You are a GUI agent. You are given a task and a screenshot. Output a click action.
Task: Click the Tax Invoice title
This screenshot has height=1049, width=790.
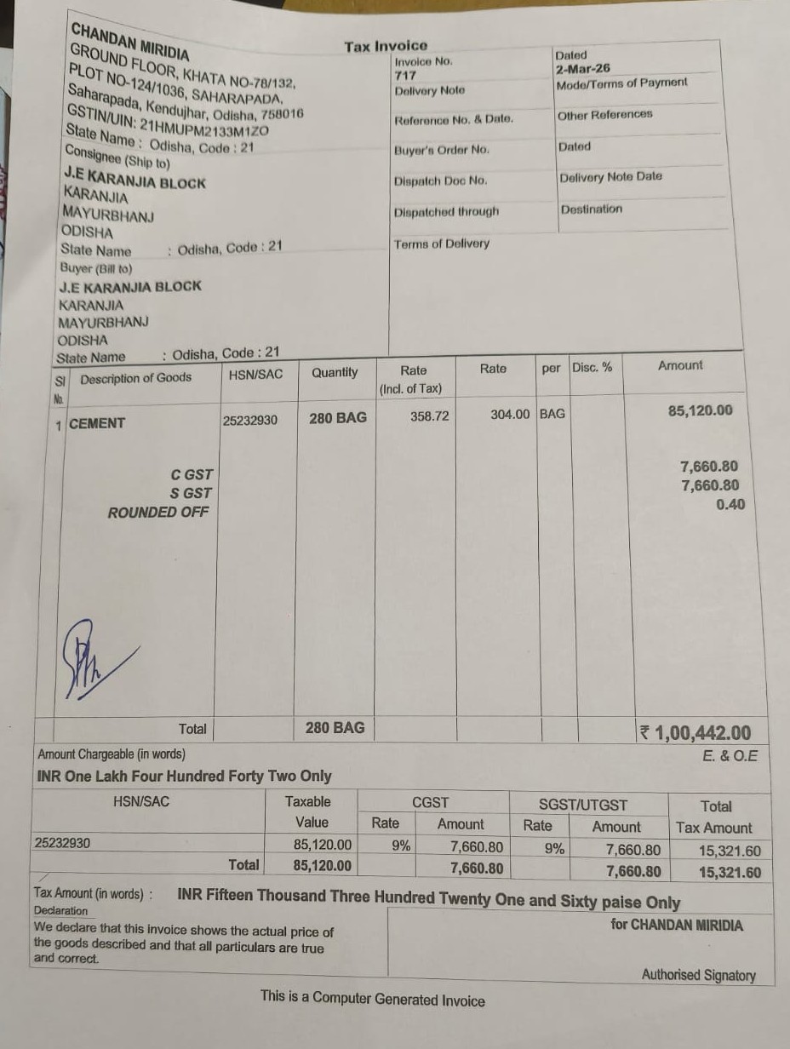tap(386, 46)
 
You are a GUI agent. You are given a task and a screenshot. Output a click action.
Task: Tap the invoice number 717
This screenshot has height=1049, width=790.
tap(405, 75)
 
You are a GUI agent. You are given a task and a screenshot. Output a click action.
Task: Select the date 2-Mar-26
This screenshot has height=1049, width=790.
tap(582, 68)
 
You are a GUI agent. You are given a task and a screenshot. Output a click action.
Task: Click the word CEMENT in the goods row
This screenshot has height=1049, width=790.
tap(97, 423)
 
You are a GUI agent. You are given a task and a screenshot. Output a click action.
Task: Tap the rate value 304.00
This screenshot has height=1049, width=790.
tap(510, 414)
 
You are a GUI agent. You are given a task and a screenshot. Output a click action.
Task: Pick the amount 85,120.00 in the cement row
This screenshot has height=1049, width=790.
tap(700, 410)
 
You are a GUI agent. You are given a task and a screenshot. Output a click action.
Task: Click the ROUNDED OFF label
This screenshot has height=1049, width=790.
tap(157, 513)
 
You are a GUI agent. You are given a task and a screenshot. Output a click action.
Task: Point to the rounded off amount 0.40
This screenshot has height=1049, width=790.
tap(730, 504)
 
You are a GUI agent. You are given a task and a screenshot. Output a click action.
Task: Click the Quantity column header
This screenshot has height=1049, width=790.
tap(335, 372)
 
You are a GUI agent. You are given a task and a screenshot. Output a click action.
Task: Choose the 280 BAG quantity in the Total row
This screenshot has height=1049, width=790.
tap(335, 728)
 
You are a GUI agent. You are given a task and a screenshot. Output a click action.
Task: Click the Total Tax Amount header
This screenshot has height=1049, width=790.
tap(714, 817)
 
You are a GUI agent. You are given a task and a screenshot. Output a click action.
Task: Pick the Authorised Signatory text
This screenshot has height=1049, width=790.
tap(698, 975)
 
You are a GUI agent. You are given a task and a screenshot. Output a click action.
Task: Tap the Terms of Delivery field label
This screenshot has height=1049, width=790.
tap(442, 244)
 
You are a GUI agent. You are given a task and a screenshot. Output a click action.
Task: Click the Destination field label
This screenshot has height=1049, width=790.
tap(591, 209)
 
